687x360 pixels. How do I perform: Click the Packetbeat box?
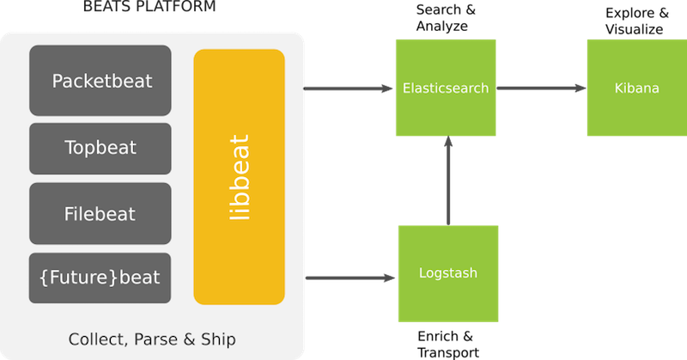coord(100,81)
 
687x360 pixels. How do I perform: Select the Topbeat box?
coord(100,148)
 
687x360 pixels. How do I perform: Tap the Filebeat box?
coord(100,213)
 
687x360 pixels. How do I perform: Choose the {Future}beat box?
coord(100,278)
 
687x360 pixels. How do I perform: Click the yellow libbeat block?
coord(239,177)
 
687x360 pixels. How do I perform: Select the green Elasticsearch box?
coord(446,88)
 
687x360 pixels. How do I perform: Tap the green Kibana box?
coord(636,88)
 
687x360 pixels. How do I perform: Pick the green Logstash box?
coord(447,272)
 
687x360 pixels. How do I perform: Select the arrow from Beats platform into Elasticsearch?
coord(343,88)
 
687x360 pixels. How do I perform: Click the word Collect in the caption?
coord(95,339)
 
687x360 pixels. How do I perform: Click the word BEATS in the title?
coord(109,7)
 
